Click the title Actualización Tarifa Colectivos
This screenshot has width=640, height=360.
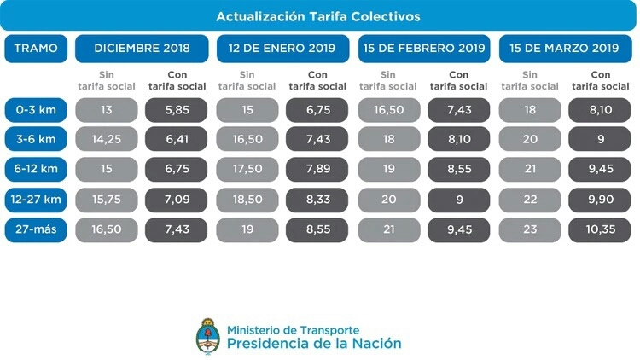tap(318, 16)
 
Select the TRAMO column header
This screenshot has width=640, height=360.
tap(36, 48)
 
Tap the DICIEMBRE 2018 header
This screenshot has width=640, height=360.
tap(142, 48)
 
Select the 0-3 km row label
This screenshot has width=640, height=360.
tap(36, 110)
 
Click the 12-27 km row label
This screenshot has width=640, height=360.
tap(36, 199)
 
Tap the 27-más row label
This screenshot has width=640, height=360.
tap(36, 229)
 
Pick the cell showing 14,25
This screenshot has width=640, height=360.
tap(106, 140)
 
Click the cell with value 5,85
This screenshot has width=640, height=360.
tap(177, 110)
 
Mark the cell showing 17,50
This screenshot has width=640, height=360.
tap(247, 169)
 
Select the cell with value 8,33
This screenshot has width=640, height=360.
tap(317, 199)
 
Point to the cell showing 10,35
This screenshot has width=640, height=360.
tap(599, 229)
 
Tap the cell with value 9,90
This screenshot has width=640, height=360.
tap(599, 199)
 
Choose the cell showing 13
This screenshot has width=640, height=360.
tap(106, 110)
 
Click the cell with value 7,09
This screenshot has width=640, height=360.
tap(177, 199)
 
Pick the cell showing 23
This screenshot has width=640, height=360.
tap(529, 229)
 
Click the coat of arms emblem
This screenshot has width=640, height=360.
tap(207, 337)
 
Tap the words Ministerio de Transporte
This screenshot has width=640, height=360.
tap(293, 329)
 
